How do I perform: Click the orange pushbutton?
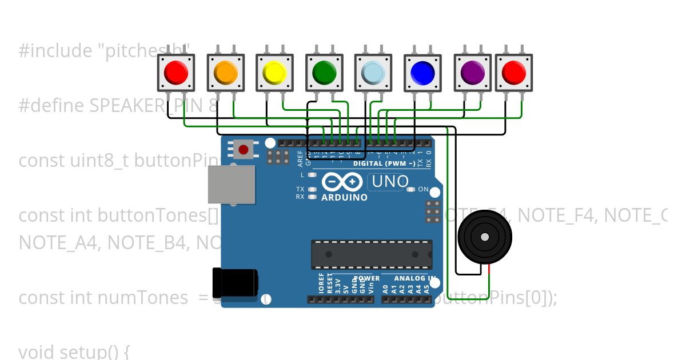click(x=225, y=73)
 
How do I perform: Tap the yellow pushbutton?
click(x=274, y=73)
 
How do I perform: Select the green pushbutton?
click(x=324, y=73)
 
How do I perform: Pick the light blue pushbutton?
click(x=373, y=73)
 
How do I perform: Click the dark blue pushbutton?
click(x=423, y=73)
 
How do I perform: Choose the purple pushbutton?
click(x=473, y=73)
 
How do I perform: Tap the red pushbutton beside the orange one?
click(x=176, y=73)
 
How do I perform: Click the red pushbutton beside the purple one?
click(x=513, y=73)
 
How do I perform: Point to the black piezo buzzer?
click(x=485, y=237)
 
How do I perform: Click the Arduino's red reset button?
click(x=244, y=150)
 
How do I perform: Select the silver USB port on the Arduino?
click(x=230, y=185)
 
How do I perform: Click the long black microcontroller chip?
click(x=372, y=254)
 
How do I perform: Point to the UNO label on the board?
click(x=390, y=182)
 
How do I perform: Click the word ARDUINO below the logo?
click(x=345, y=198)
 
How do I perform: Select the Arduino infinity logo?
click(x=342, y=182)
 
